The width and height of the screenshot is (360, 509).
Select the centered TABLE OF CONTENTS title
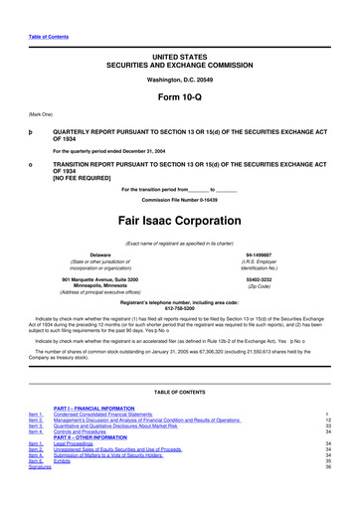[179, 393]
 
